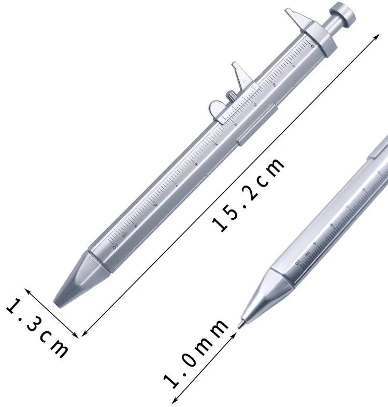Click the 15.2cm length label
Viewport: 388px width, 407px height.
(249, 194)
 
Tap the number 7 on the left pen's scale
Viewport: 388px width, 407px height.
(176, 184)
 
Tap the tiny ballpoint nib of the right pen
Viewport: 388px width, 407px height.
(240, 325)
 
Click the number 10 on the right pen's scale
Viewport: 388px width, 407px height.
(298, 263)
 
